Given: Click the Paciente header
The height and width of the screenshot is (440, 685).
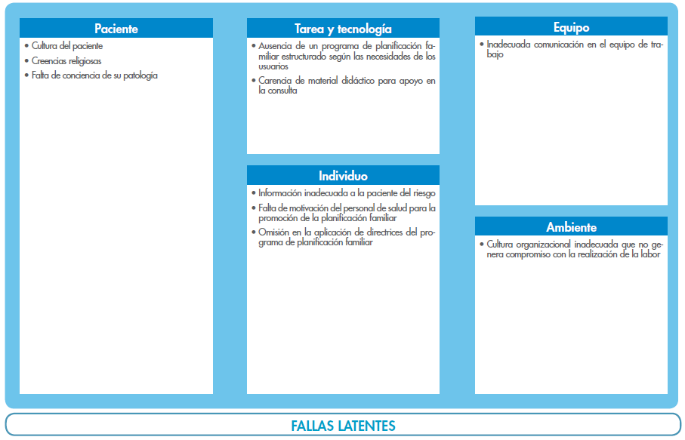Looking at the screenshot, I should coord(116,29).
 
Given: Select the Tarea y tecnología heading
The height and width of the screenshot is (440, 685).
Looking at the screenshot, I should coord(343,29).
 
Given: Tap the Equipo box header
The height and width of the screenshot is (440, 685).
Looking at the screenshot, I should coord(571,27).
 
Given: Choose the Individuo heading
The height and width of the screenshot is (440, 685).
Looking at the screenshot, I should coord(343,175).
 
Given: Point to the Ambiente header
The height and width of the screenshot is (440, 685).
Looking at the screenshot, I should coord(571,227).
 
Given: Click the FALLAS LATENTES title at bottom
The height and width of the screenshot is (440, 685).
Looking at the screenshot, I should coord(343,426).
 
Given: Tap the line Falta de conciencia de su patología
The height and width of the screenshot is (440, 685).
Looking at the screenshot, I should coord(94,75).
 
